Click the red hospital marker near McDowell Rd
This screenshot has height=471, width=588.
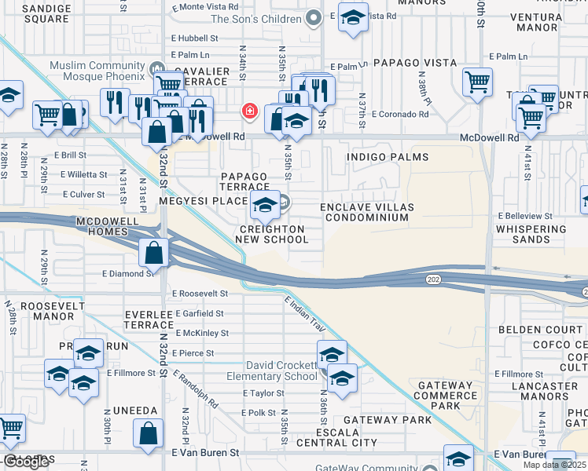pos(250,112)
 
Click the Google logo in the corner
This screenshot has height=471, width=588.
pos(26,462)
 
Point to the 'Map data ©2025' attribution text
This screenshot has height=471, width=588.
pos(554,465)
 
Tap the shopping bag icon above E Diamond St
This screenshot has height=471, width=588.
pos(155,254)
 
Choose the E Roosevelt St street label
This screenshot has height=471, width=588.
pos(200,293)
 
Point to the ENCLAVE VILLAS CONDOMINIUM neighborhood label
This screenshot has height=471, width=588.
pos(367,213)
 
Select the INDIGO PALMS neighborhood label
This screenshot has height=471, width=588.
pos(380,157)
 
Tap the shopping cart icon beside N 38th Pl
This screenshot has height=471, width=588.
pos(477,82)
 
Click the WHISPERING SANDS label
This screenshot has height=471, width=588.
pos(531,235)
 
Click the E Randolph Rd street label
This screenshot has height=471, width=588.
pos(197,389)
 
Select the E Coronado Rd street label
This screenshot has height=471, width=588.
pos(401,114)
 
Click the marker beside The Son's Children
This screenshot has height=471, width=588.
pos(314,18)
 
